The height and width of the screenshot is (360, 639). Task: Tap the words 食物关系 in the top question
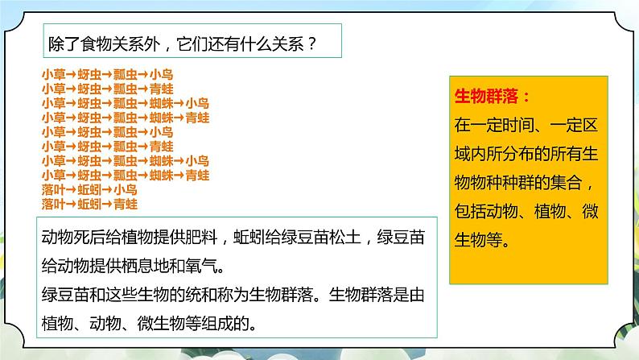132,45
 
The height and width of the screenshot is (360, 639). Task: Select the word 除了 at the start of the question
64,45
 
